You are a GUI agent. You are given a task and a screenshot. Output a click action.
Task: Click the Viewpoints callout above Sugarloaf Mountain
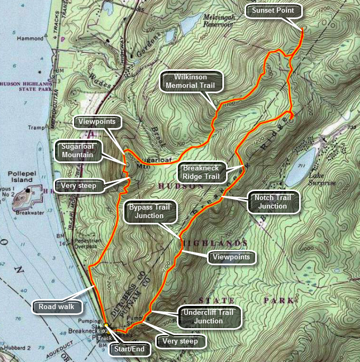(x=98, y=122)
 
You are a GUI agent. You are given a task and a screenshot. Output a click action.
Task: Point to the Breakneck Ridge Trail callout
(x=201, y=171)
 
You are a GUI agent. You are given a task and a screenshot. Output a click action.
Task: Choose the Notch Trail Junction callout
(x=274, y=202)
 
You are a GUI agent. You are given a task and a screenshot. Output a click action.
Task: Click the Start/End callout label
(x=130, y=349)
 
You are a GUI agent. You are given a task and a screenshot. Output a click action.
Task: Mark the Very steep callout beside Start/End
(x=180, y=341)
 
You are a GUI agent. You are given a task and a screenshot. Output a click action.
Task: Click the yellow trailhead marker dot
(x=106, y=325)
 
